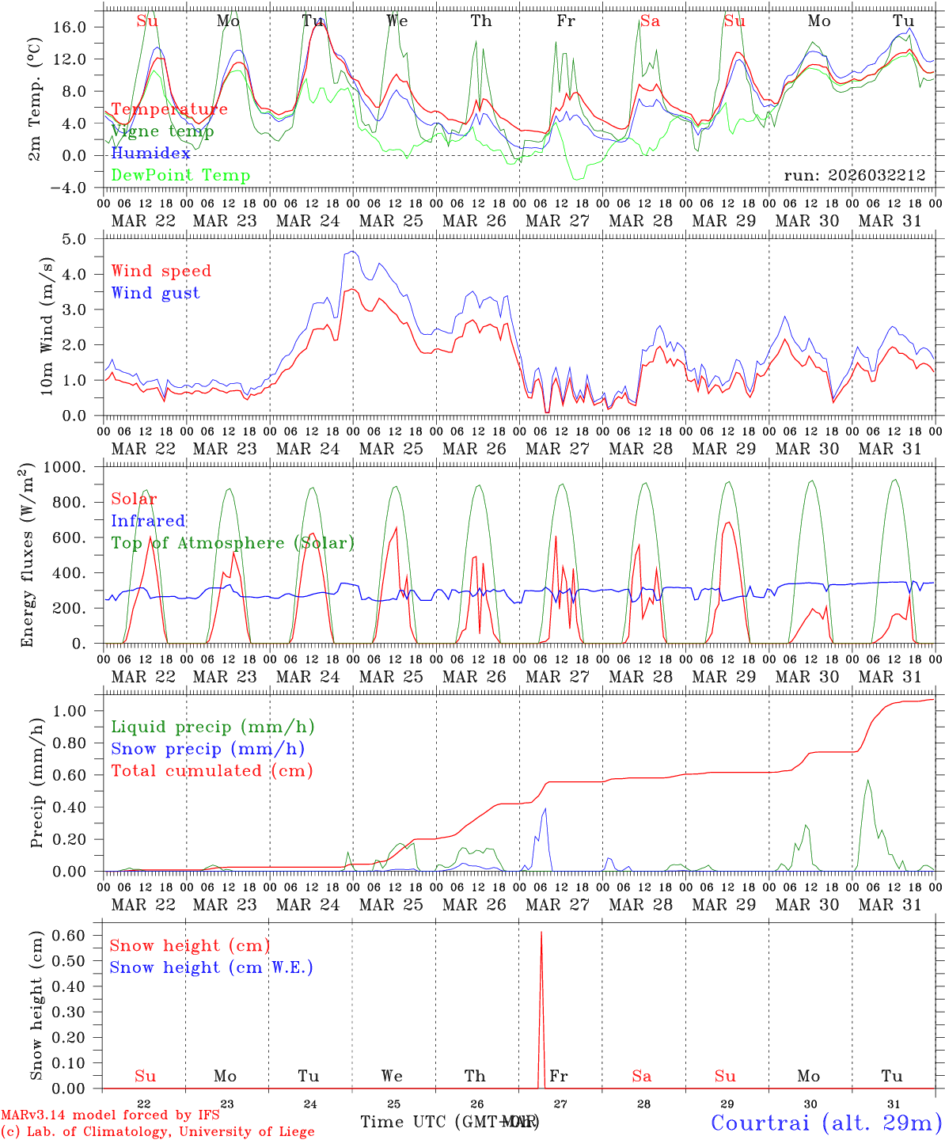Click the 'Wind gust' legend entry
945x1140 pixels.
point(155,293)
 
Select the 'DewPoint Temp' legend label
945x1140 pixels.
point(180,175)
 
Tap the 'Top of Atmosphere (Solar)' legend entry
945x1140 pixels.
point(233,543)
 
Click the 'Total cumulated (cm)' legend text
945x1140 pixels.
point(211,770)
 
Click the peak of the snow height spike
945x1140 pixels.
point(541,933)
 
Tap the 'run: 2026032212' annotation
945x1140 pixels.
point(854,175)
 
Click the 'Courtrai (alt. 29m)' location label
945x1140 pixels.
point(825,1122)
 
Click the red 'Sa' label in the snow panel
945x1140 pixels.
point(641,1076)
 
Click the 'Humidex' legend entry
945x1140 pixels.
point(150,154)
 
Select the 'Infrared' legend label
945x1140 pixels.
point(148,521)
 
